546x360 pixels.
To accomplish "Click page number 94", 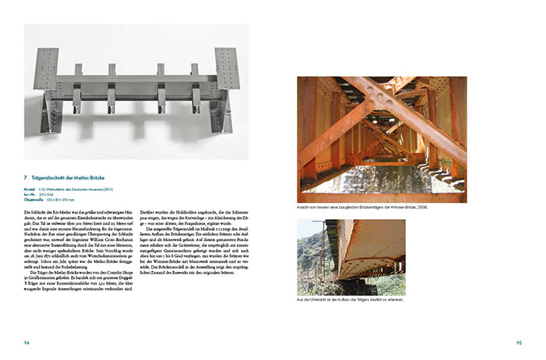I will coord(27,342).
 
